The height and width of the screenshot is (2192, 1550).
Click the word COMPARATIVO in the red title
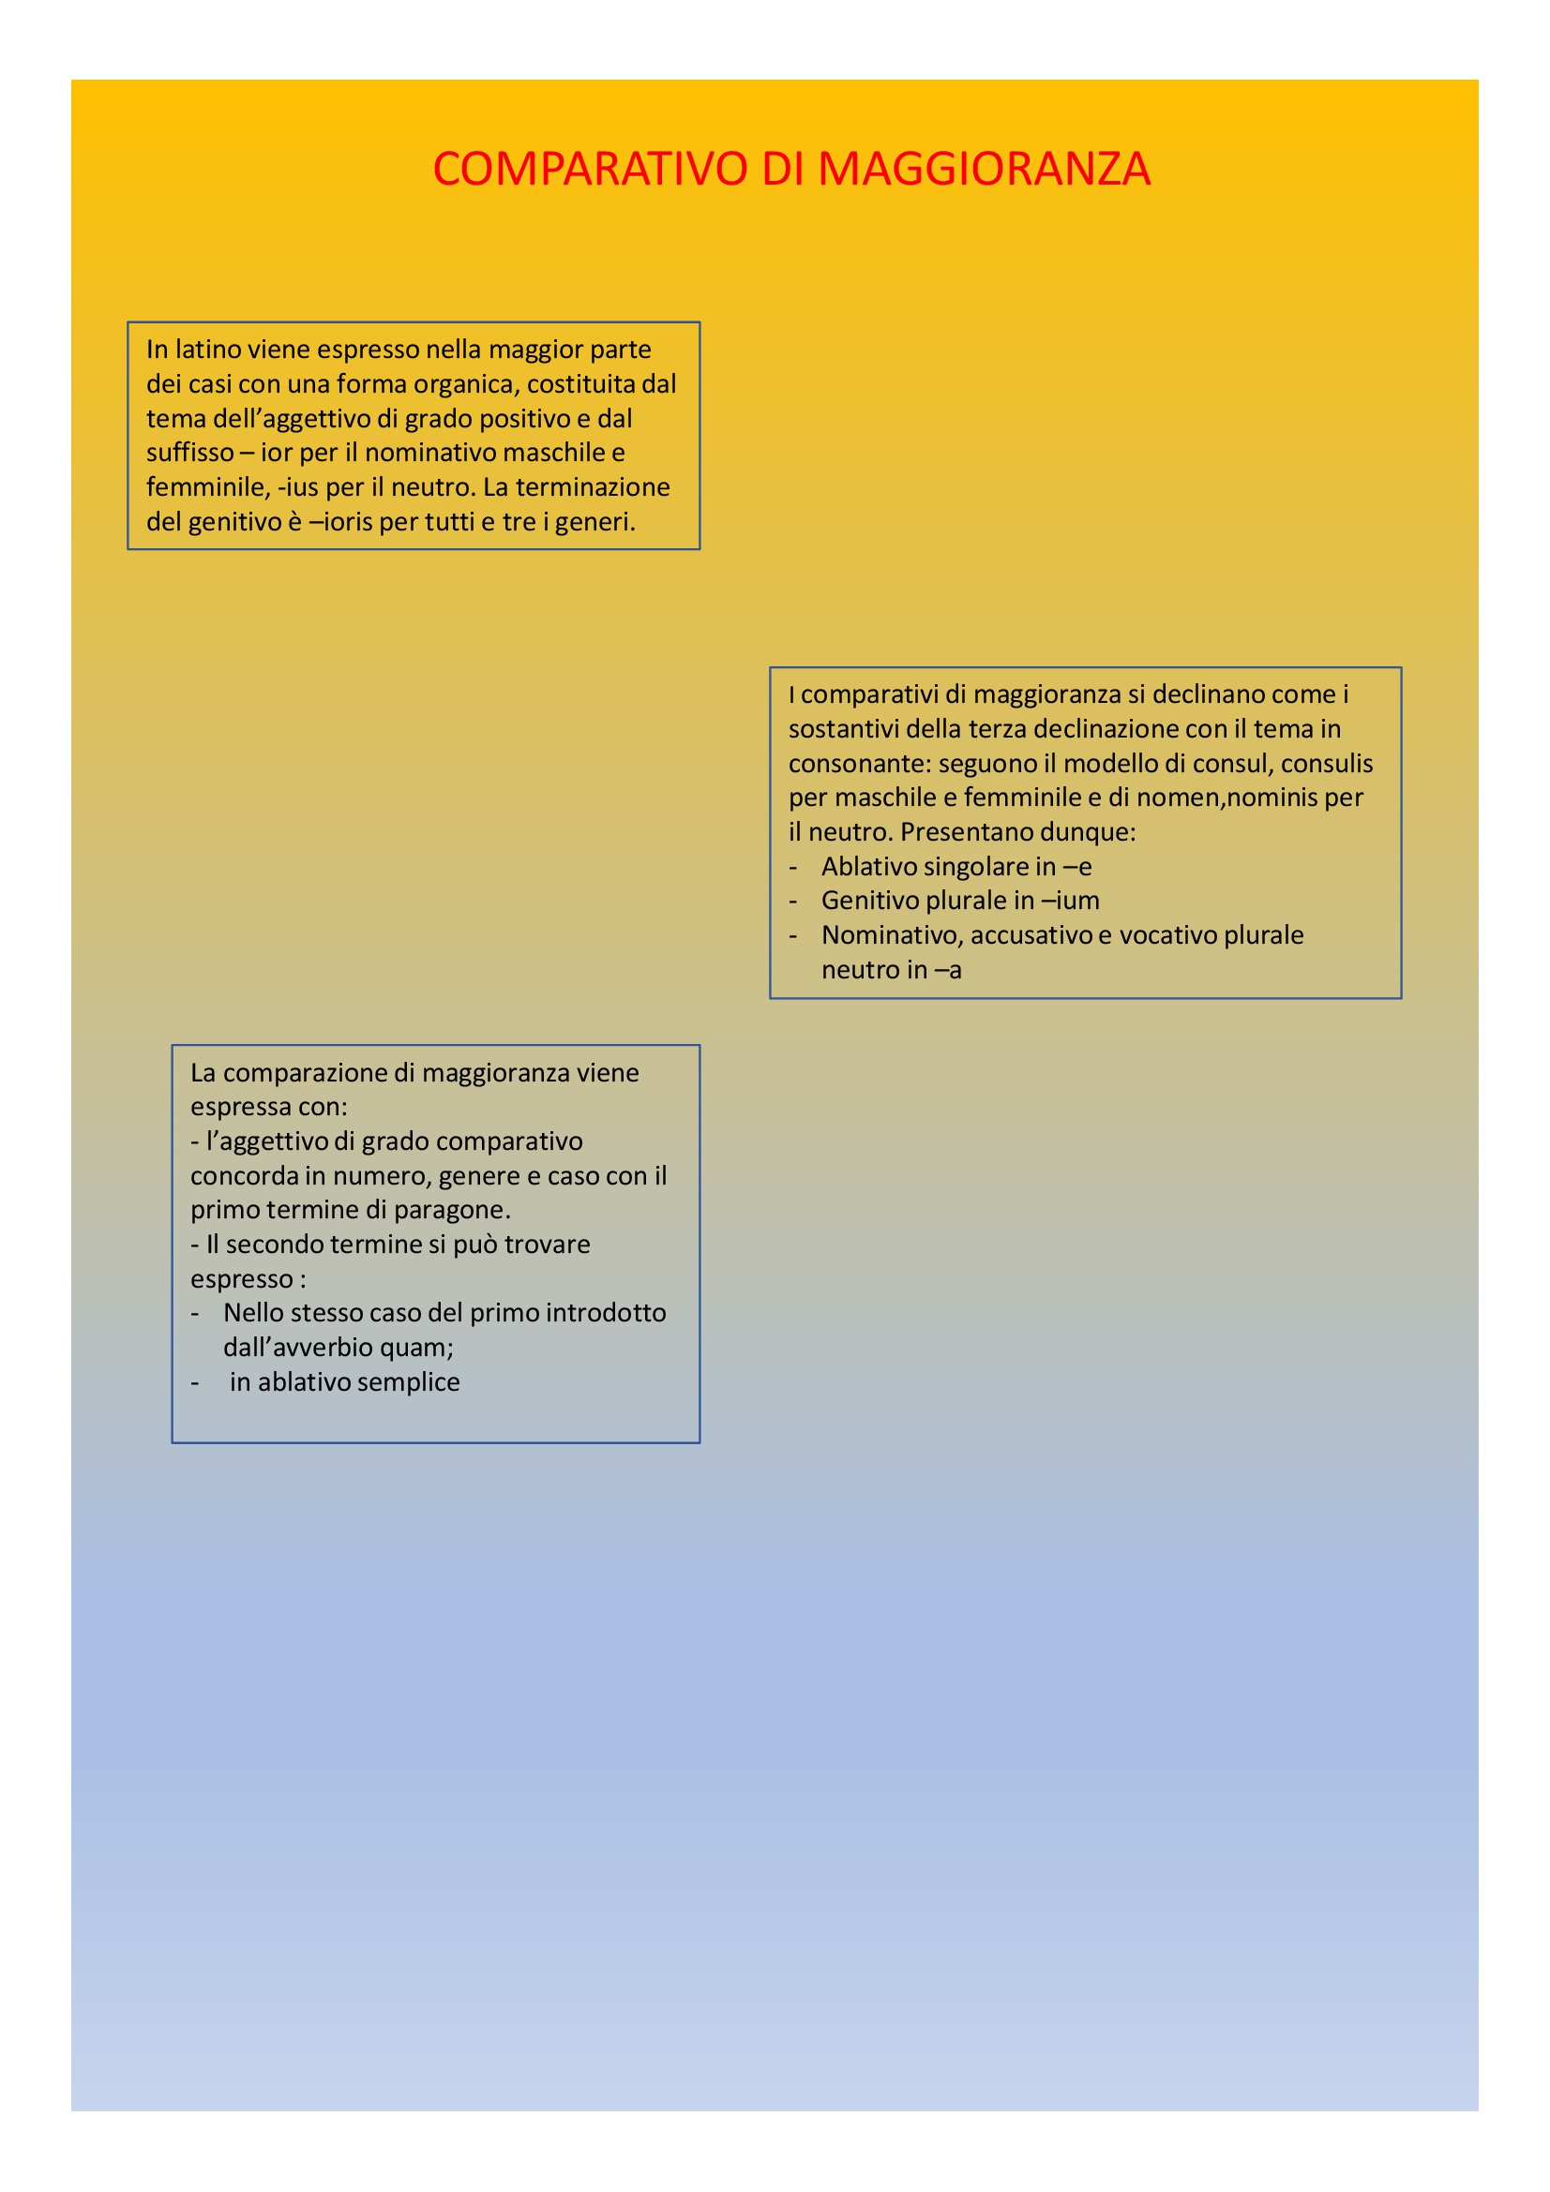pyautogui.click(x=589, y=169)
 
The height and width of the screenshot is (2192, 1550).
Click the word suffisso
pyautogui.click(x=189, y=453)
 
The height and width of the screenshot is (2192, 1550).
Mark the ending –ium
pyautogui.click(x=1071, y=901)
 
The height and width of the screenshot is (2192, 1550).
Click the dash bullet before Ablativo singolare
pyautogui.click(x=792, y=867)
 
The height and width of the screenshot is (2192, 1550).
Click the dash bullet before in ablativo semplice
pyautogui.click(x=195, y=1382)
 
